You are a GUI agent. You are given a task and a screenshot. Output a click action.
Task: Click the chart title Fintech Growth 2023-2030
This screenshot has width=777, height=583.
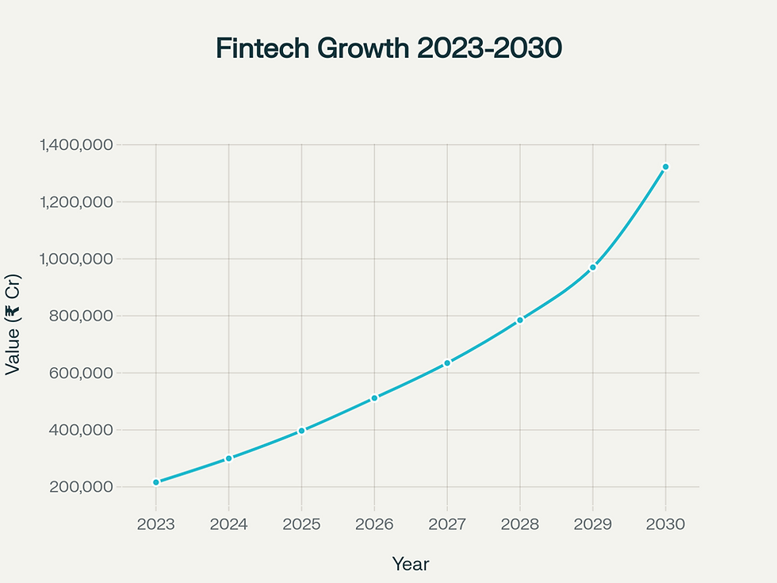(388, 48)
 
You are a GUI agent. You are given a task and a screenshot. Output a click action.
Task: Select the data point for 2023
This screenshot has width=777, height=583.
(156, 482)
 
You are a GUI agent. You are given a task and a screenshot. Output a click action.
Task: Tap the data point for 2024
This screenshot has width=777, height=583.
(229, 458)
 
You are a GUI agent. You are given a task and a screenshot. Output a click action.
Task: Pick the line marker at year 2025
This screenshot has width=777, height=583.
(302, 431)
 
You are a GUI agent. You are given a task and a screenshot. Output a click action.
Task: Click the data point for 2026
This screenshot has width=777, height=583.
(374, 398)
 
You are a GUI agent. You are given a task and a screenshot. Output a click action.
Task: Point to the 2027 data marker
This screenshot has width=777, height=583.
(447, 362)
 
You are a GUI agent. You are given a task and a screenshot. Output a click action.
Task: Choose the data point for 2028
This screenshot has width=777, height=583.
(520, 320)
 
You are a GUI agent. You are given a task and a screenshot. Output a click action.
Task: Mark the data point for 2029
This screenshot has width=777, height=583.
(592, 267)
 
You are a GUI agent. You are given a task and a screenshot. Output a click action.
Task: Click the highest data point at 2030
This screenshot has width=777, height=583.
(665, 167)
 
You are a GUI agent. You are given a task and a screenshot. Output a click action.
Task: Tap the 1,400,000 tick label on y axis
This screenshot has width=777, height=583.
(76, 145)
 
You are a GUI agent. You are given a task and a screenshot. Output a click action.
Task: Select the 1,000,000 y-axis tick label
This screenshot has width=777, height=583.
(76, 259)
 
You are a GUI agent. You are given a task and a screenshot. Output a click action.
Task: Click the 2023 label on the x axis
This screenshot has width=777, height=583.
(156, 524)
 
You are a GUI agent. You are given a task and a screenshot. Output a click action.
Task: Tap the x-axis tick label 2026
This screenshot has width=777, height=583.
(374, 524)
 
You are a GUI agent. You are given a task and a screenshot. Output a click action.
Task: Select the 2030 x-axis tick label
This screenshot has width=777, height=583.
(665, 524)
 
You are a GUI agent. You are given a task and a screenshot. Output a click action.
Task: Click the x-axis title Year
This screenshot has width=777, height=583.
(411, 564)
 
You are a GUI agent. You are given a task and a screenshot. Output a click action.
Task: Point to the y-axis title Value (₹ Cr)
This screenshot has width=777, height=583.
(13, 325)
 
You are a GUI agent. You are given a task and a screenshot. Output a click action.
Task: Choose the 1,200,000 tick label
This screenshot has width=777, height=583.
(76, 202)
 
